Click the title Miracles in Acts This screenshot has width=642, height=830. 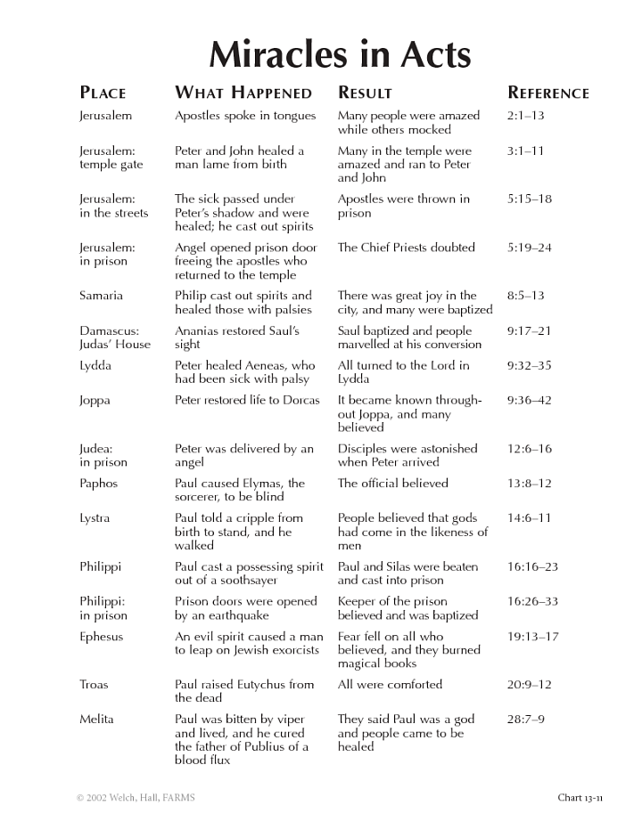(x=340, y=55)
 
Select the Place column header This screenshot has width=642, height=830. (x=103, y=93)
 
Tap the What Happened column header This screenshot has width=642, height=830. (x=243, y=93)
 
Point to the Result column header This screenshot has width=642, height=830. (x=365, y=93)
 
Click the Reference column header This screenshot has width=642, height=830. (x=548, y=93)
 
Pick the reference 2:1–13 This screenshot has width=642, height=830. (x=525, y=116)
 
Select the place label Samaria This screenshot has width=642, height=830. (x=101, y=296)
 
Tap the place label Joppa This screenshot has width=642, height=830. (x=95, y=401)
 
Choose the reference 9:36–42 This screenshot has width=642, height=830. (x=530, y=401)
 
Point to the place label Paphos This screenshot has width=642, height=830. (x=98, y=484)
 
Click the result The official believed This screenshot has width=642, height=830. (x=393, y=484)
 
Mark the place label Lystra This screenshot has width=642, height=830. (x=96, y=518)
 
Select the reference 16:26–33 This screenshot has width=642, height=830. (x=532, y=602)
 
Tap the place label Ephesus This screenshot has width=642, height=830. (x=102, y=637)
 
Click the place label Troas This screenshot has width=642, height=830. (x=95, y=685)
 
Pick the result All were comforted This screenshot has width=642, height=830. (x=390, y=685)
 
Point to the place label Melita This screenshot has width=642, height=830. (x=97, y=720)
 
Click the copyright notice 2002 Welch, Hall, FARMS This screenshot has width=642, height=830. (x=135, y=798)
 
